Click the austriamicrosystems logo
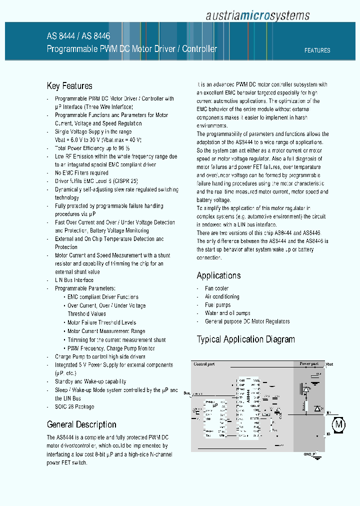click(257, 15)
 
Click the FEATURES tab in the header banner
click(317, 50)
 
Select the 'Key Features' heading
click(69, 86)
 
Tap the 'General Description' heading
click(81, 424)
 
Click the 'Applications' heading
click(218, 275)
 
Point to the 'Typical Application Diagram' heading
click(245, 339)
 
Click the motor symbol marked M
click(339, 425)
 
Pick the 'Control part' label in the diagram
click(204, 364)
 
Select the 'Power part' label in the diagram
click(308, 364)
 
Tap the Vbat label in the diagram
click(328, 364)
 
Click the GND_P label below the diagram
click(309, 454)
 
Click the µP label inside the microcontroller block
click(215, 405)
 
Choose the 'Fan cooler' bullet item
click(216, 288)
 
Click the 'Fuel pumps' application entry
click(217, 305)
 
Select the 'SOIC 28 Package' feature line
click(74, 406)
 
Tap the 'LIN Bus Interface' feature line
click(74, 280)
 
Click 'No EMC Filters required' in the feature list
click(81, 173)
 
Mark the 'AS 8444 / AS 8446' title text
click(78, 36)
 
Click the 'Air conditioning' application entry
click(222, 296)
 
